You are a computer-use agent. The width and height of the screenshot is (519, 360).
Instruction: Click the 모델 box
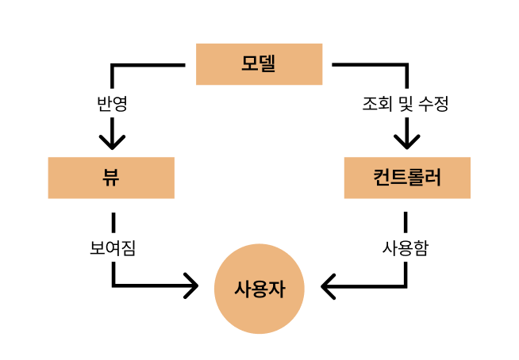259,64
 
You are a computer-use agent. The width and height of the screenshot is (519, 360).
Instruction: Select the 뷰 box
110,177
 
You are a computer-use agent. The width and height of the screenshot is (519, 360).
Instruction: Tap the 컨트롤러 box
407,177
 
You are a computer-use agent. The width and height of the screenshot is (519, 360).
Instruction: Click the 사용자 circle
259,289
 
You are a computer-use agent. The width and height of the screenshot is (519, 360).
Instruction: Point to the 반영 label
111,103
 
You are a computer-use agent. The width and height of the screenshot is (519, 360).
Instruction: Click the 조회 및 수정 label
406,103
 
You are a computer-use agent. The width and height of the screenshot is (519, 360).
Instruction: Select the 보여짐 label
113,247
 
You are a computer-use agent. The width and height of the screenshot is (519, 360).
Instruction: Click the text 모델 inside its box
259,64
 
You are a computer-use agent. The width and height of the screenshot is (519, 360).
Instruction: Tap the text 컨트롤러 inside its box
407,177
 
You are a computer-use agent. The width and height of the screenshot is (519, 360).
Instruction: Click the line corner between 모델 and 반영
113,65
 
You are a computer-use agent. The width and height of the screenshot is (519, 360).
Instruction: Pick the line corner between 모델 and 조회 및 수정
406,65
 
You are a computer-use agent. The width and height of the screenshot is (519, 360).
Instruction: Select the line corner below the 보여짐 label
114,285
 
